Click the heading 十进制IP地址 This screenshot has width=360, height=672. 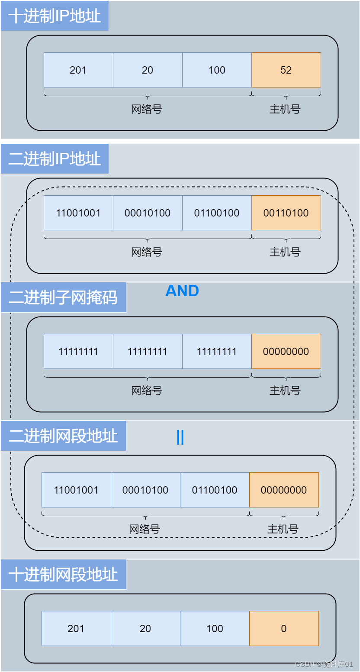point(55,16)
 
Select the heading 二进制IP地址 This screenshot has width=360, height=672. point(55,159)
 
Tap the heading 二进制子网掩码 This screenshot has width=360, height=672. point(63,297)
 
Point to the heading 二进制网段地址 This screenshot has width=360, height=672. point(63,436)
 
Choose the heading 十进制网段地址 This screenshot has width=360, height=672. point(63,575)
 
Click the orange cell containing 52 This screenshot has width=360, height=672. point(286,70)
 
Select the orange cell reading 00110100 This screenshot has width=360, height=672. point(286,213)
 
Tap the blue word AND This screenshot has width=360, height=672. point(182,291)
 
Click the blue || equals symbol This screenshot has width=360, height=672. point(180,438)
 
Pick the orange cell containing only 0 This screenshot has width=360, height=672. point(284,629)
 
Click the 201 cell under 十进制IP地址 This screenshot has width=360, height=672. point(78,70)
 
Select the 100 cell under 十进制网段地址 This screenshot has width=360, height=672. point(215,629)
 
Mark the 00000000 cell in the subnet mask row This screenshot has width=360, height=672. point(286,352)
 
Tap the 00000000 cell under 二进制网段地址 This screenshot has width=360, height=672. point(284,490)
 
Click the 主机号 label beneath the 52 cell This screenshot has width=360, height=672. point(285,109)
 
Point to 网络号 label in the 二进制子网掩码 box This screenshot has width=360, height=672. point(147,391)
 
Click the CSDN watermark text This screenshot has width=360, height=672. point(324,664)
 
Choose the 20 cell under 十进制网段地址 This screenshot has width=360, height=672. point(145,629)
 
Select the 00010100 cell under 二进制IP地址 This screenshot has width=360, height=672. point(148,213)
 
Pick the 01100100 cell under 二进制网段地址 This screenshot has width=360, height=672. point(215,490)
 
